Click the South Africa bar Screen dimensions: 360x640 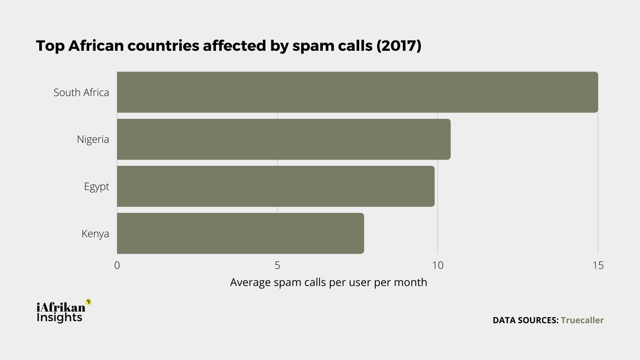357,92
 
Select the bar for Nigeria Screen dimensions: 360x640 284,139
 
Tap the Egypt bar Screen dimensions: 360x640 276,186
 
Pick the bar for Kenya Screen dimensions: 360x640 240,233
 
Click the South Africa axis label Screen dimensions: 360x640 81,92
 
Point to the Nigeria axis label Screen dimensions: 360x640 93,139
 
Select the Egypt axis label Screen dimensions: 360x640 96,186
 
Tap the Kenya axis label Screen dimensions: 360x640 95,234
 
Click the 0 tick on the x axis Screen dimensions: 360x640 117,265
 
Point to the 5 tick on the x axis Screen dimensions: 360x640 277,265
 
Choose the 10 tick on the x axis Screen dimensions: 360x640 438,265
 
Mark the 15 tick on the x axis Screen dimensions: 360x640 598,265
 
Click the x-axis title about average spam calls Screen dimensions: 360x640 328,282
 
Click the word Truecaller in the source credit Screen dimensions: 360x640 582,320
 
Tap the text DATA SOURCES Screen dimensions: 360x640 525,320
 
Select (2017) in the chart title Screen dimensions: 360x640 399,46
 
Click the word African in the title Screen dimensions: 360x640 96,46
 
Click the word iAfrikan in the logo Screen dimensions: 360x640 61,307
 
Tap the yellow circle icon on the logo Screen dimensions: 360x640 88,302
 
